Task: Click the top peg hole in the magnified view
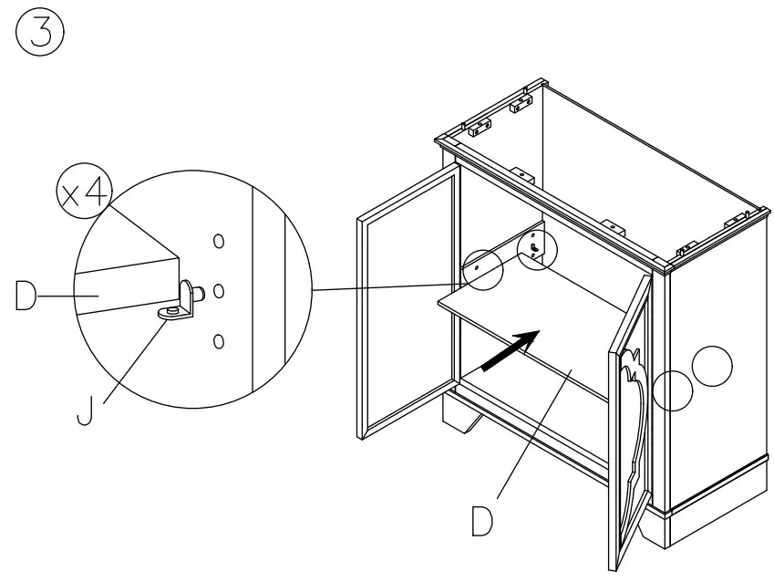pos(218,241)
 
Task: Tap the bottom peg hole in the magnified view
pos(218,341)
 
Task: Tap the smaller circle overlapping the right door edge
pos(673,390)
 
